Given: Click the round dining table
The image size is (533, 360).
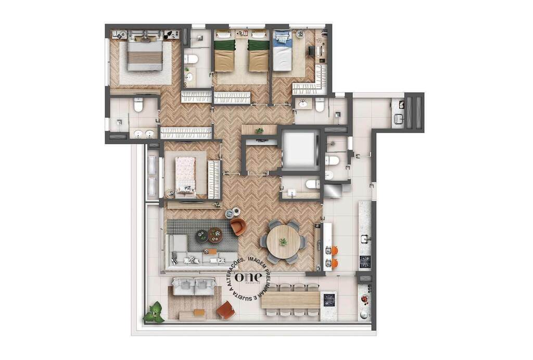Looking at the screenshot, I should [x=283, y=242].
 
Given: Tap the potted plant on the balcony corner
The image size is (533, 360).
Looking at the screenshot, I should [x=154, y=313].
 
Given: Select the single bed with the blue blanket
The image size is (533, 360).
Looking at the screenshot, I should [x=282, y=51].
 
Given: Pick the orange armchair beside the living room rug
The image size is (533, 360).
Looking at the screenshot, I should [x=238, y=227].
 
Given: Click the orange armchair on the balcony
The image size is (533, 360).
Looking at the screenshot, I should [x=226, y=310].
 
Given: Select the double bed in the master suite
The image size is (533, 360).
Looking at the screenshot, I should [x=145, y=55].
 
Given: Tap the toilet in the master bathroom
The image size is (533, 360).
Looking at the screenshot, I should [x=138, y=106].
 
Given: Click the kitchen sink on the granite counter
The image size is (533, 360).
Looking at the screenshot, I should [x=365, y=239].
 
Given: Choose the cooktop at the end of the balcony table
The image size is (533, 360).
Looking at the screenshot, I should [x=329, y=300].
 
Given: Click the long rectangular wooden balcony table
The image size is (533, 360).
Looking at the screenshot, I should [x=290, y=300].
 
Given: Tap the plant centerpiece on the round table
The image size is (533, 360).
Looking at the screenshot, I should [x=283, y=242].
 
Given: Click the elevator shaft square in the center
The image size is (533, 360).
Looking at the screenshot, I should [x=299, y=149].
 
